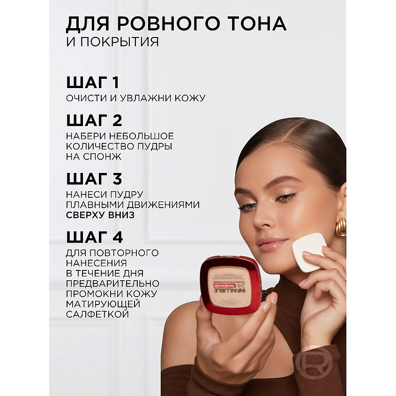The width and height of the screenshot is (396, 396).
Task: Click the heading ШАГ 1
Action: (x=93, y=83)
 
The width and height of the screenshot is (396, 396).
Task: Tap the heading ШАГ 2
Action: (x=94, y=120)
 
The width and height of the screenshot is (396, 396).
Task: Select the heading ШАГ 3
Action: (x=94, y=179)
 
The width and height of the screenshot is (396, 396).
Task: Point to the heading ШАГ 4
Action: (x=95, y=237)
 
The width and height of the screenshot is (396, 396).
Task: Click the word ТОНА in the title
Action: (x=254, y=23)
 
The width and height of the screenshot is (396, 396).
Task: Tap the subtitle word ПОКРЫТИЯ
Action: (x=119, y=42)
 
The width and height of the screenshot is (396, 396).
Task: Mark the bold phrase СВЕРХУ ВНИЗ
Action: (x=100, y=215)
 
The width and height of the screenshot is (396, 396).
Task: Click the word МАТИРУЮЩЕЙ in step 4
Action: (x=104, y=304)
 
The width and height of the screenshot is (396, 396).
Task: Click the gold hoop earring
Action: (x=341, y=226)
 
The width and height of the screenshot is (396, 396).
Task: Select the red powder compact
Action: (x=231, y=285)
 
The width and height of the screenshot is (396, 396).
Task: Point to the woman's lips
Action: (x=273, y=244)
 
